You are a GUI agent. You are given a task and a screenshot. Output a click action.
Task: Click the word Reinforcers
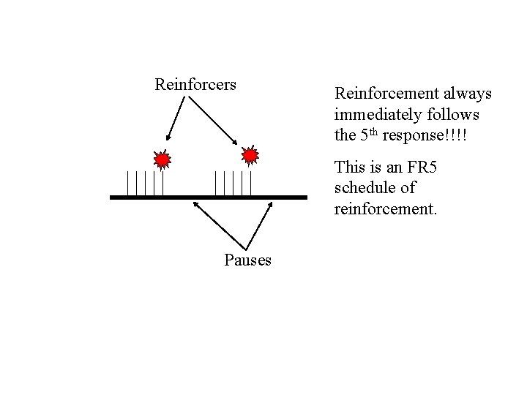coord(195,85)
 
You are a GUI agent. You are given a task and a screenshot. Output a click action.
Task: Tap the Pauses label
coord(247,260)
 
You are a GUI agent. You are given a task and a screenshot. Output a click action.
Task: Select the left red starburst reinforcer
coord(162,159)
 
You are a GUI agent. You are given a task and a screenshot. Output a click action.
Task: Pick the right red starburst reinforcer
coord(250,156)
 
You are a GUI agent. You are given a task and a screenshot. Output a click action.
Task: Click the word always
coord(466,94)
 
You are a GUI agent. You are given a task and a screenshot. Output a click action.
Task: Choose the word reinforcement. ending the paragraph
coord(385,209)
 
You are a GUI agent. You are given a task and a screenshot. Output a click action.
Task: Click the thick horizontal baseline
coord(209,197)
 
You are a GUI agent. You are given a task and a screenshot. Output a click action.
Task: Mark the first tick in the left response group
coord(127,183)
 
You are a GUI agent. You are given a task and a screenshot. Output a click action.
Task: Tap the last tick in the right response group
coord(250,183)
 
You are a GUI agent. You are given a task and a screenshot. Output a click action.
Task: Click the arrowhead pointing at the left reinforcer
coord(168,138)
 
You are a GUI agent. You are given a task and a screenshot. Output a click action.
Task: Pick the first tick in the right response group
coord(215,183)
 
